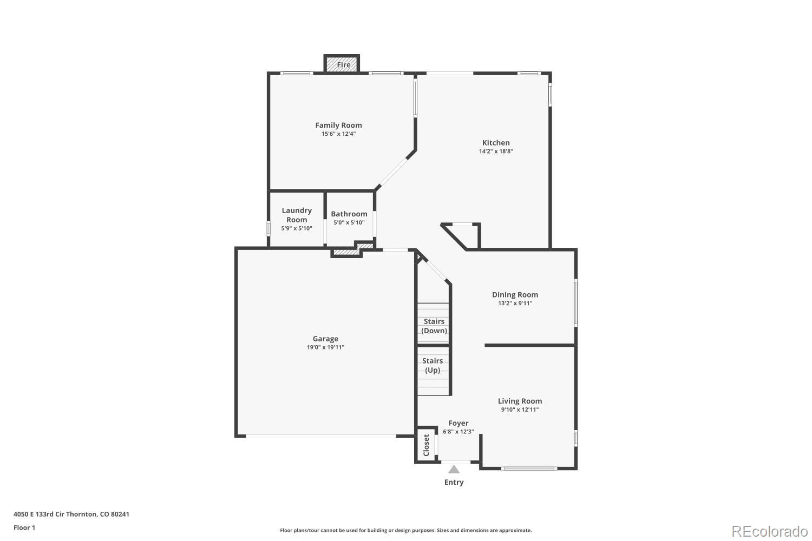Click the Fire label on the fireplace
tap(344, 65)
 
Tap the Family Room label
tap(338, 125)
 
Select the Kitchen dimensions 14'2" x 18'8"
tap(496, 151)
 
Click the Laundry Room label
tap(297, 215)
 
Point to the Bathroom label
tap(349, 214)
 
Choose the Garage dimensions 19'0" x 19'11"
tap(325, 347)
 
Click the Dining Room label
tap(515, 295)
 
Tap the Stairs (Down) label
tap(434, 326)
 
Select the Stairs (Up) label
tap(433, 365)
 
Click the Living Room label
tap(520, 401)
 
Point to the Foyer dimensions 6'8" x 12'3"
tap(458, 432)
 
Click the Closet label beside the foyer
tap(426, 445)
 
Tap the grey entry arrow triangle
tap(454, 469)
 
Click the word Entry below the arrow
tap(454, 482)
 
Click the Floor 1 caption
tap(24, 527)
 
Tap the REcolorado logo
tap(769, 531)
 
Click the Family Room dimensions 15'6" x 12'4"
tap(338, 134)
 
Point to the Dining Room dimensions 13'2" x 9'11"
tap(515, 304)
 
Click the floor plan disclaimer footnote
tap(405, 530)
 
